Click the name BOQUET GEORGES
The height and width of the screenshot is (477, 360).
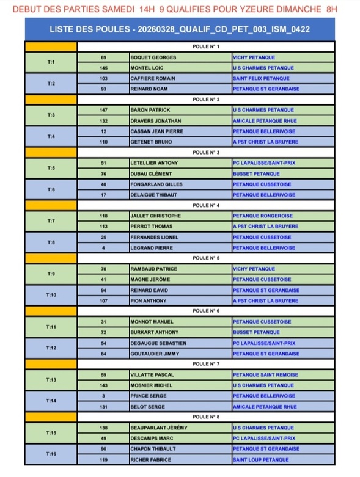coord(153,57)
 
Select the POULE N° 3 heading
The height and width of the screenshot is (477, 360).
coord(206,152)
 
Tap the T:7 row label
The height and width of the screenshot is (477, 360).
coord(51,221)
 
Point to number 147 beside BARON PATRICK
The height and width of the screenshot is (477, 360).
coord(103,110)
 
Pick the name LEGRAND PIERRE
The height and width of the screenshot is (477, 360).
coord(152,247)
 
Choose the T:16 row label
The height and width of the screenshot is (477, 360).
coord(51,454)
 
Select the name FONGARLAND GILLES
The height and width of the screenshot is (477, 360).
coord(156,184)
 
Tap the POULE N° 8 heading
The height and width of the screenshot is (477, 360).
coord(206,417)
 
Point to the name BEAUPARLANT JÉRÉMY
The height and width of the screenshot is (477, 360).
coord(158,428)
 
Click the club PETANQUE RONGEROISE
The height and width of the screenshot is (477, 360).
coord(262,216)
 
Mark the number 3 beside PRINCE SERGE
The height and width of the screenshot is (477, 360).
coord(103,396)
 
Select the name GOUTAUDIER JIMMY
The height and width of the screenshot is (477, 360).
coord(155,354)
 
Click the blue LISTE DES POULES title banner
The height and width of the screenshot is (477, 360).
coord(180,29)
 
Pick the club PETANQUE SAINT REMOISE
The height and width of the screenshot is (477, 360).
coord(265,374)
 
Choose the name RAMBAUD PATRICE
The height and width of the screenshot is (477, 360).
coord(153,269)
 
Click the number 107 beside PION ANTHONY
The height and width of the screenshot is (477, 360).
coord(103,300)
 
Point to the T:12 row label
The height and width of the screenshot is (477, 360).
coord(51,348)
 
